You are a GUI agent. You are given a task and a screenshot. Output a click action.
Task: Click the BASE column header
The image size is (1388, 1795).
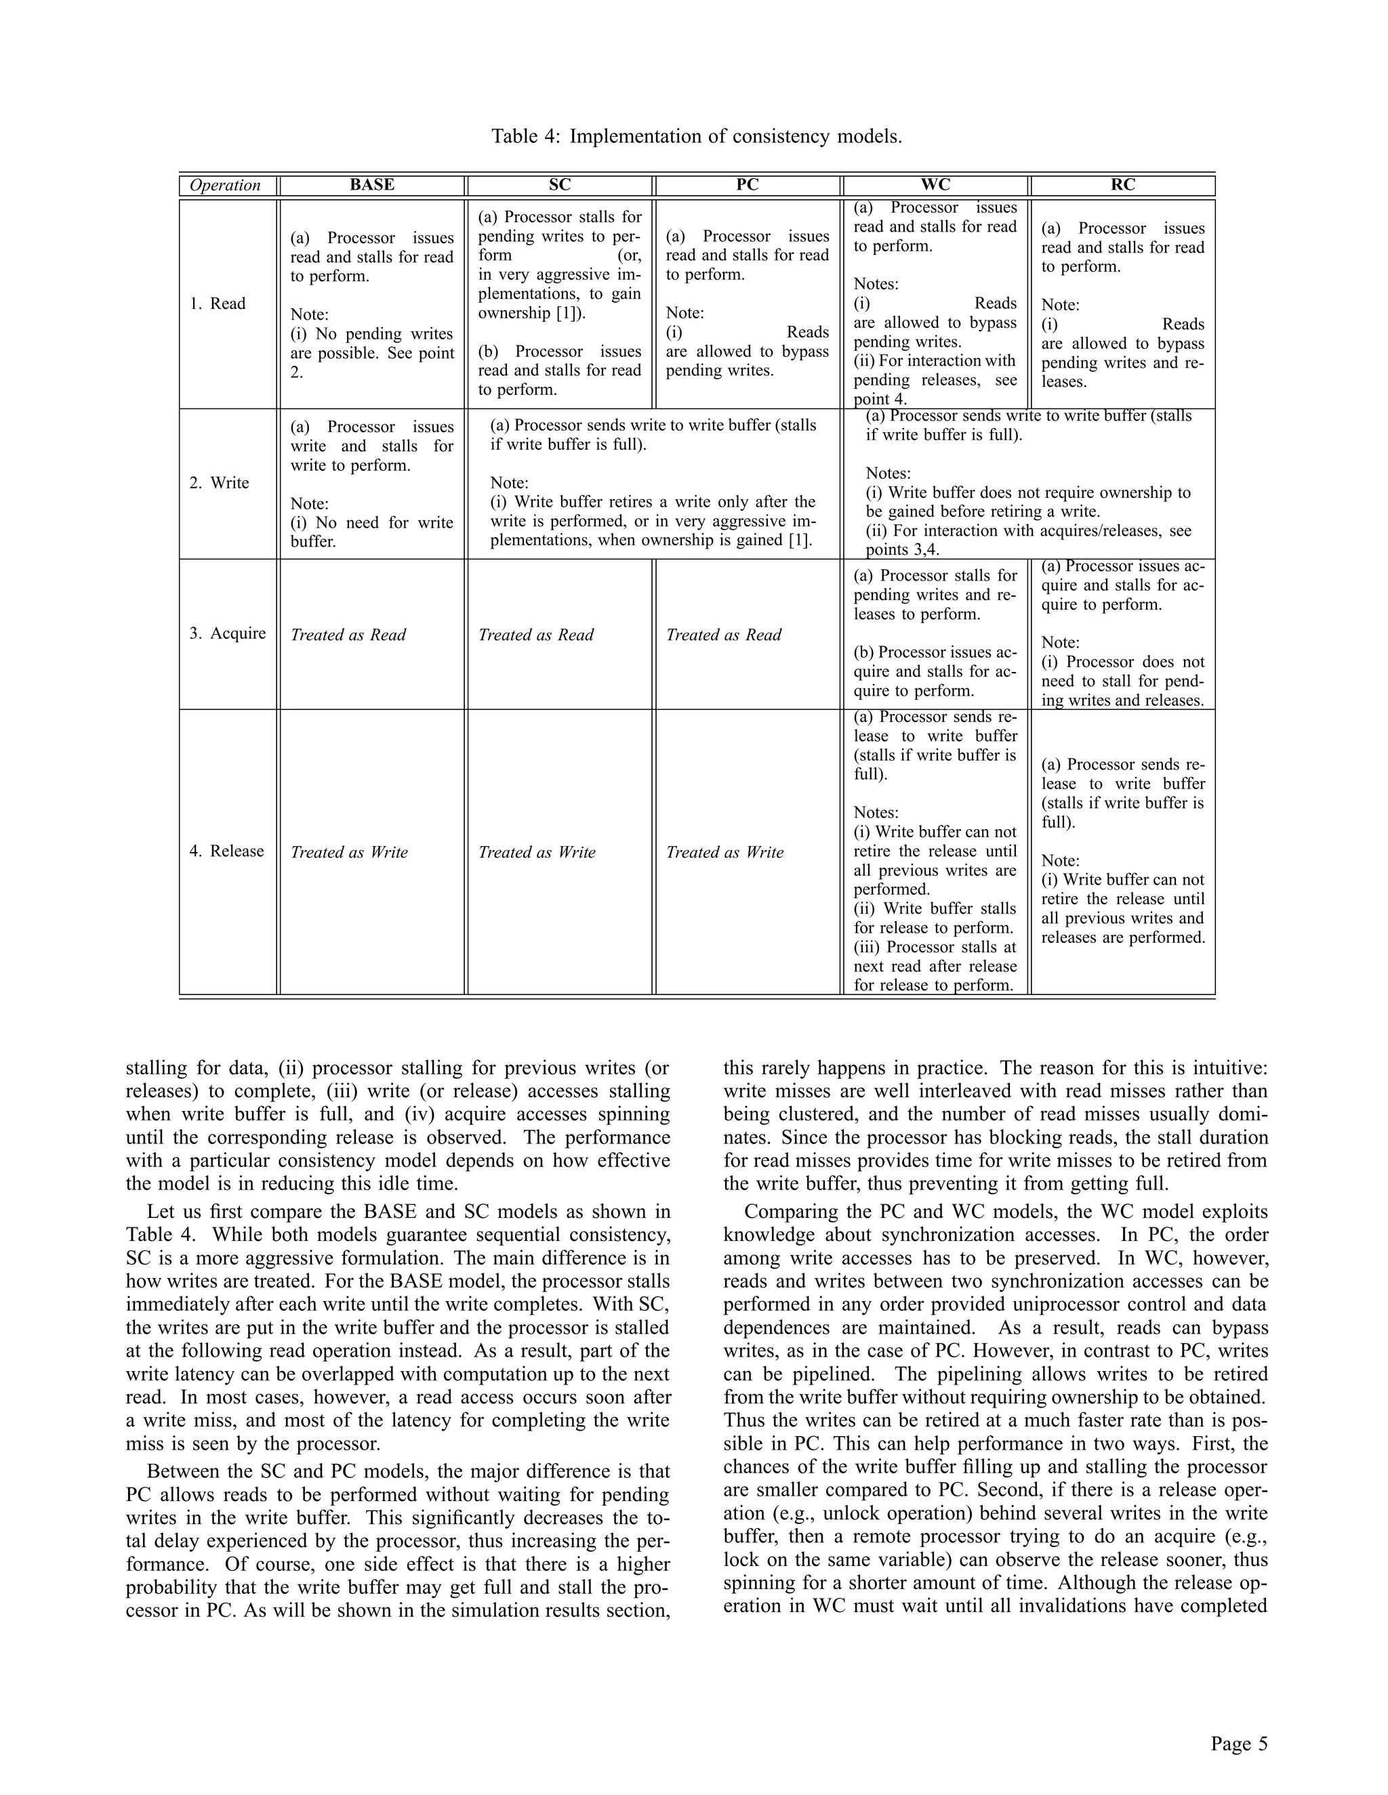(x=371, y=185)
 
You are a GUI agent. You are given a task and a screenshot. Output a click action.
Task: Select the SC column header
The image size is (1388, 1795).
(x=559, y=185)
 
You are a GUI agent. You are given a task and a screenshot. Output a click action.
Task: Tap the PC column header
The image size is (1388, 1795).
(x=747, y=185)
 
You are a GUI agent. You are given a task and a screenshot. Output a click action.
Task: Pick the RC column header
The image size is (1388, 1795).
(x=1122, y=185)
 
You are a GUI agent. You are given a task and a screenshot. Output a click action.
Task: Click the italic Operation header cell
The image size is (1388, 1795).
(x=225, y=185)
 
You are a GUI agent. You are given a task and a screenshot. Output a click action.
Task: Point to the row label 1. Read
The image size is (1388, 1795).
(x=218, y=303)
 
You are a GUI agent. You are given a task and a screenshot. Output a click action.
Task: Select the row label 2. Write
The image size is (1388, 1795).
(x=219, y=482)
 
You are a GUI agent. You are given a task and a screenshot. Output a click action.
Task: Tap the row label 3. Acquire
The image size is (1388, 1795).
(x=228, y=633)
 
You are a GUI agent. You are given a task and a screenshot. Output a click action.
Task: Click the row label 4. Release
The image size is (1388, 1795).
(x=227, y=851)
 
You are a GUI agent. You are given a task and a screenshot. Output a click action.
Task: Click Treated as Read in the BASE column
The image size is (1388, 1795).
(x=348, y=635)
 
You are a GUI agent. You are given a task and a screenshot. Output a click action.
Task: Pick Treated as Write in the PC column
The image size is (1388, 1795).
(x=724, y=852)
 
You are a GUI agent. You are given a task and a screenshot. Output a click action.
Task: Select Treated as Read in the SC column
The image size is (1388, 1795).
(x=536, y=635)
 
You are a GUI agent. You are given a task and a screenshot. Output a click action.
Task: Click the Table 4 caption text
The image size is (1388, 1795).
(x=697, y=135)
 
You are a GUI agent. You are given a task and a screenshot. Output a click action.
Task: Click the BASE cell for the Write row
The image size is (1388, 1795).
(x=371, y=483)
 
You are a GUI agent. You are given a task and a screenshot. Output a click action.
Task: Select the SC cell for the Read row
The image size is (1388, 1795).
(x=559, y=303)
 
